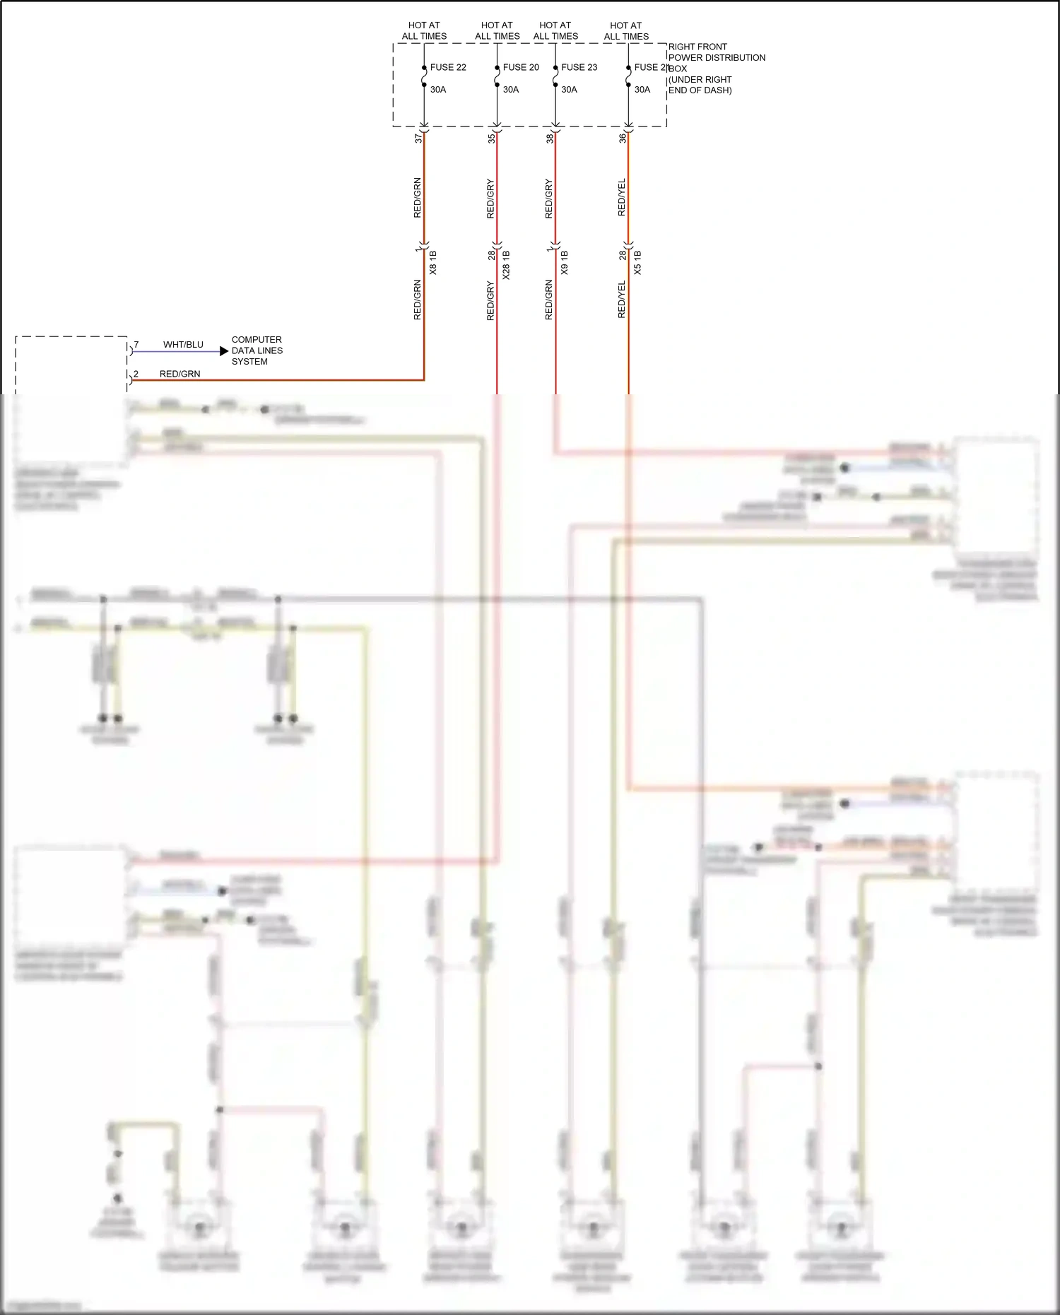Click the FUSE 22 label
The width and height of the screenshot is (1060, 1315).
tap(448, 68)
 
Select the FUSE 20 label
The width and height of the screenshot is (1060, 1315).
tap(521, 68)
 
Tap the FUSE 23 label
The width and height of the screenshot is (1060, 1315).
tap(579, 68)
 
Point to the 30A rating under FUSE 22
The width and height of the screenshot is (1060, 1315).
tap(438, 90)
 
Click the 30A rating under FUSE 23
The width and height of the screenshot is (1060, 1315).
tap(569, 90)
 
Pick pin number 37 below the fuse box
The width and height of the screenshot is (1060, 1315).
tap(418, 139)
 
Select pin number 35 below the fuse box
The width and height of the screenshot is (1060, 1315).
tap(491, 139)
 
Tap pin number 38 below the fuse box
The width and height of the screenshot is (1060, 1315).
tap(550, 139)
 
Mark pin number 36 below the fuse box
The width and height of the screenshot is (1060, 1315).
tap(623, 139)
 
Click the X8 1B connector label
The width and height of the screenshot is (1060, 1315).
tap(433, 263)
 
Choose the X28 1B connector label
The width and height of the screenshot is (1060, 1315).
tap(506, 265)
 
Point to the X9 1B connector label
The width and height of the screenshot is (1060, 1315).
tap(564, 263)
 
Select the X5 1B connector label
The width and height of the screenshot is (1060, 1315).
tap(637, 263)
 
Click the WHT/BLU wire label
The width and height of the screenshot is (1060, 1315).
tap(183, 345)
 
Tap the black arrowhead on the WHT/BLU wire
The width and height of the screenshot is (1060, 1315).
tap(224, 351)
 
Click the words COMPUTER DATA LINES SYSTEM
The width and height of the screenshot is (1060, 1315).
tap(257, 350)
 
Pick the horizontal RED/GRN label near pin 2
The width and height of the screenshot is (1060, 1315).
tap(179, 374)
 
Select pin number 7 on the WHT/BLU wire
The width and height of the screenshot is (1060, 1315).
tap(136, 345)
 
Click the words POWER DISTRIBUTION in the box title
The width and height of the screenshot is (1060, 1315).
tap(717, 58)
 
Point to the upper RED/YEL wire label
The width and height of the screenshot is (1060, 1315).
tap(622, 198)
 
